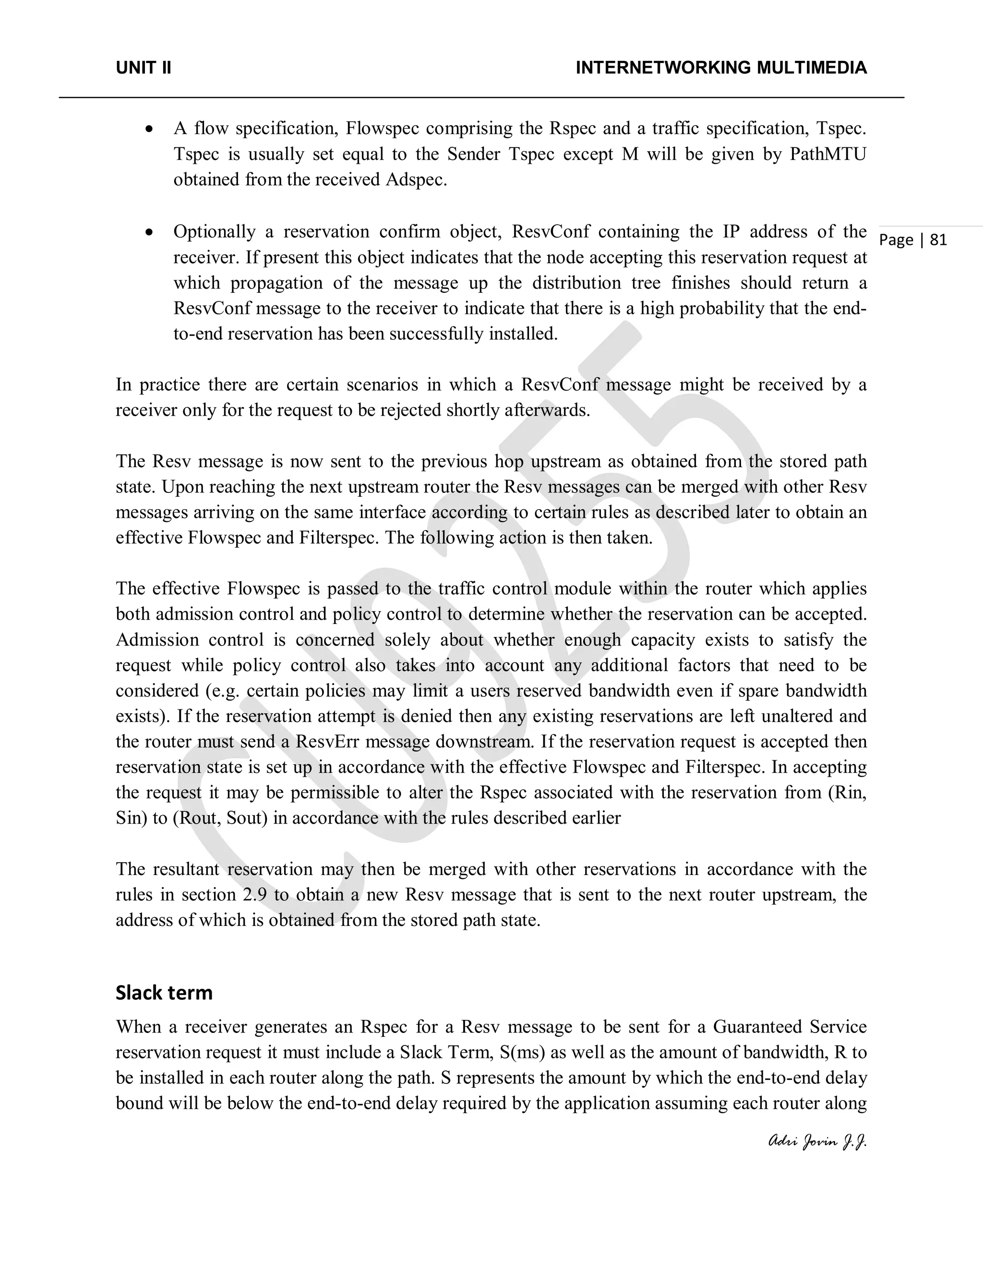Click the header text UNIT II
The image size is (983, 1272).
tap(143, 68)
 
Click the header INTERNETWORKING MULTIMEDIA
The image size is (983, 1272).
tap(721, 68)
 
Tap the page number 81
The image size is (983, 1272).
tap(938, 240)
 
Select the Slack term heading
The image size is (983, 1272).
tap(164, 993)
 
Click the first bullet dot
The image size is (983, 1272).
tap(150, 129)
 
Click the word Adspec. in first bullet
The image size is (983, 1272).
tap(416, 180)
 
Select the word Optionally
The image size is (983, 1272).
tap(214, 232)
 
